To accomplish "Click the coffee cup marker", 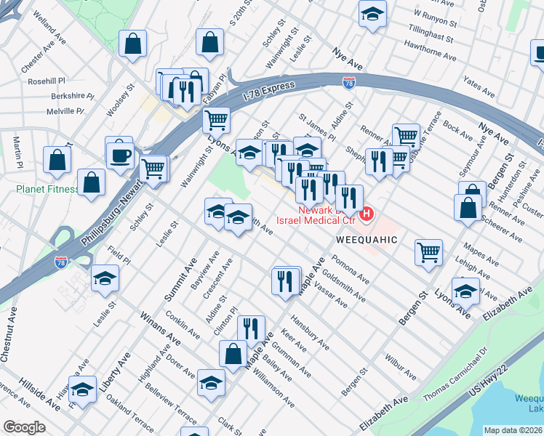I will point(120,155).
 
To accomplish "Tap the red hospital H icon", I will point(367,214).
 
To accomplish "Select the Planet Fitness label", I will point(47,190).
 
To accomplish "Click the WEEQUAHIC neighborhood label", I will point(367,239).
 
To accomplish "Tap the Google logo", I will point(24,427).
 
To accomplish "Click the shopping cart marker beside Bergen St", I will point(429,253).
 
